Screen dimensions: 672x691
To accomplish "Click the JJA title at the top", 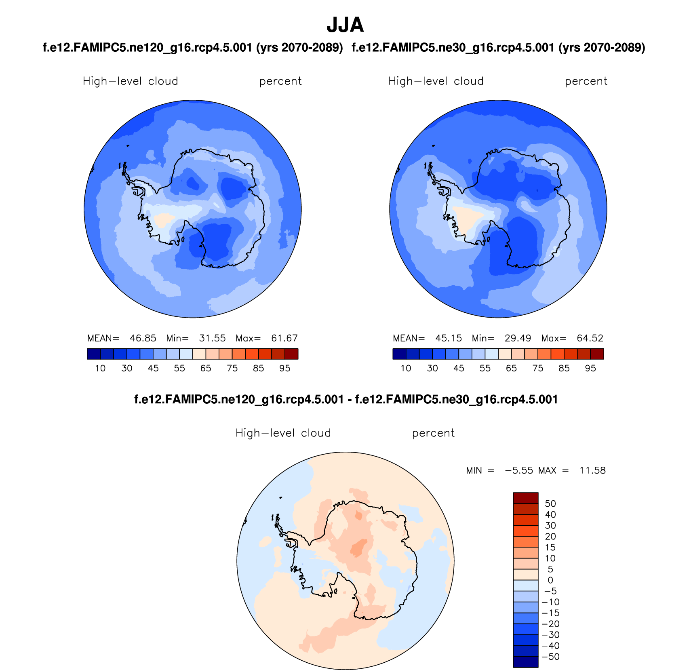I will (x=345, y=25).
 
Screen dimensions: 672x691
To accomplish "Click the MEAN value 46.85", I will (x=143, y=338).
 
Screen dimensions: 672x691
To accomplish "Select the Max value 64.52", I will (x=590, y=338).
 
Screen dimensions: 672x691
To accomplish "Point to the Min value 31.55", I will (x=212, y=338).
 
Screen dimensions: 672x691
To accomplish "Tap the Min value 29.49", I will (x=518, y=338).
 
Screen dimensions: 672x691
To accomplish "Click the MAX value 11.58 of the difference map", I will (x=592, y=470).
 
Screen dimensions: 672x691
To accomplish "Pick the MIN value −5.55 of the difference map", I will (x=519, y=470).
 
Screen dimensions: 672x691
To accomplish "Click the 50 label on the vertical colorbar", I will (x=550, y=504).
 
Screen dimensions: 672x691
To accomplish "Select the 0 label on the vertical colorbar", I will (x=550, y=580).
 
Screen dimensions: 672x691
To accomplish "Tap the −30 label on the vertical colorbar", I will (x=550, y=635).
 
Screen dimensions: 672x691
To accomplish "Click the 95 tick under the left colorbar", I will (x=285, y=368).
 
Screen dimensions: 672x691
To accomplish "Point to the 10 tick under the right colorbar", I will (x=406, y=368).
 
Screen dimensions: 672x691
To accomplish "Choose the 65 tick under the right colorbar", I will (x=511, y=368).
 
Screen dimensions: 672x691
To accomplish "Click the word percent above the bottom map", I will (x=433, y=433).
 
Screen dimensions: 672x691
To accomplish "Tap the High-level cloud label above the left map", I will (x=130, y=81).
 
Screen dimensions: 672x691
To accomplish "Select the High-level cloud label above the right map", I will (x=436, y=81).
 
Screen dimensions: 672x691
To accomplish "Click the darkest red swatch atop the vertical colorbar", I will (x=525, y=498).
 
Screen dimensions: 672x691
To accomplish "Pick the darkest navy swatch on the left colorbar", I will (x=93, y=354).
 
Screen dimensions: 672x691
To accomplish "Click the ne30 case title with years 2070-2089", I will (x=498, y=48).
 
